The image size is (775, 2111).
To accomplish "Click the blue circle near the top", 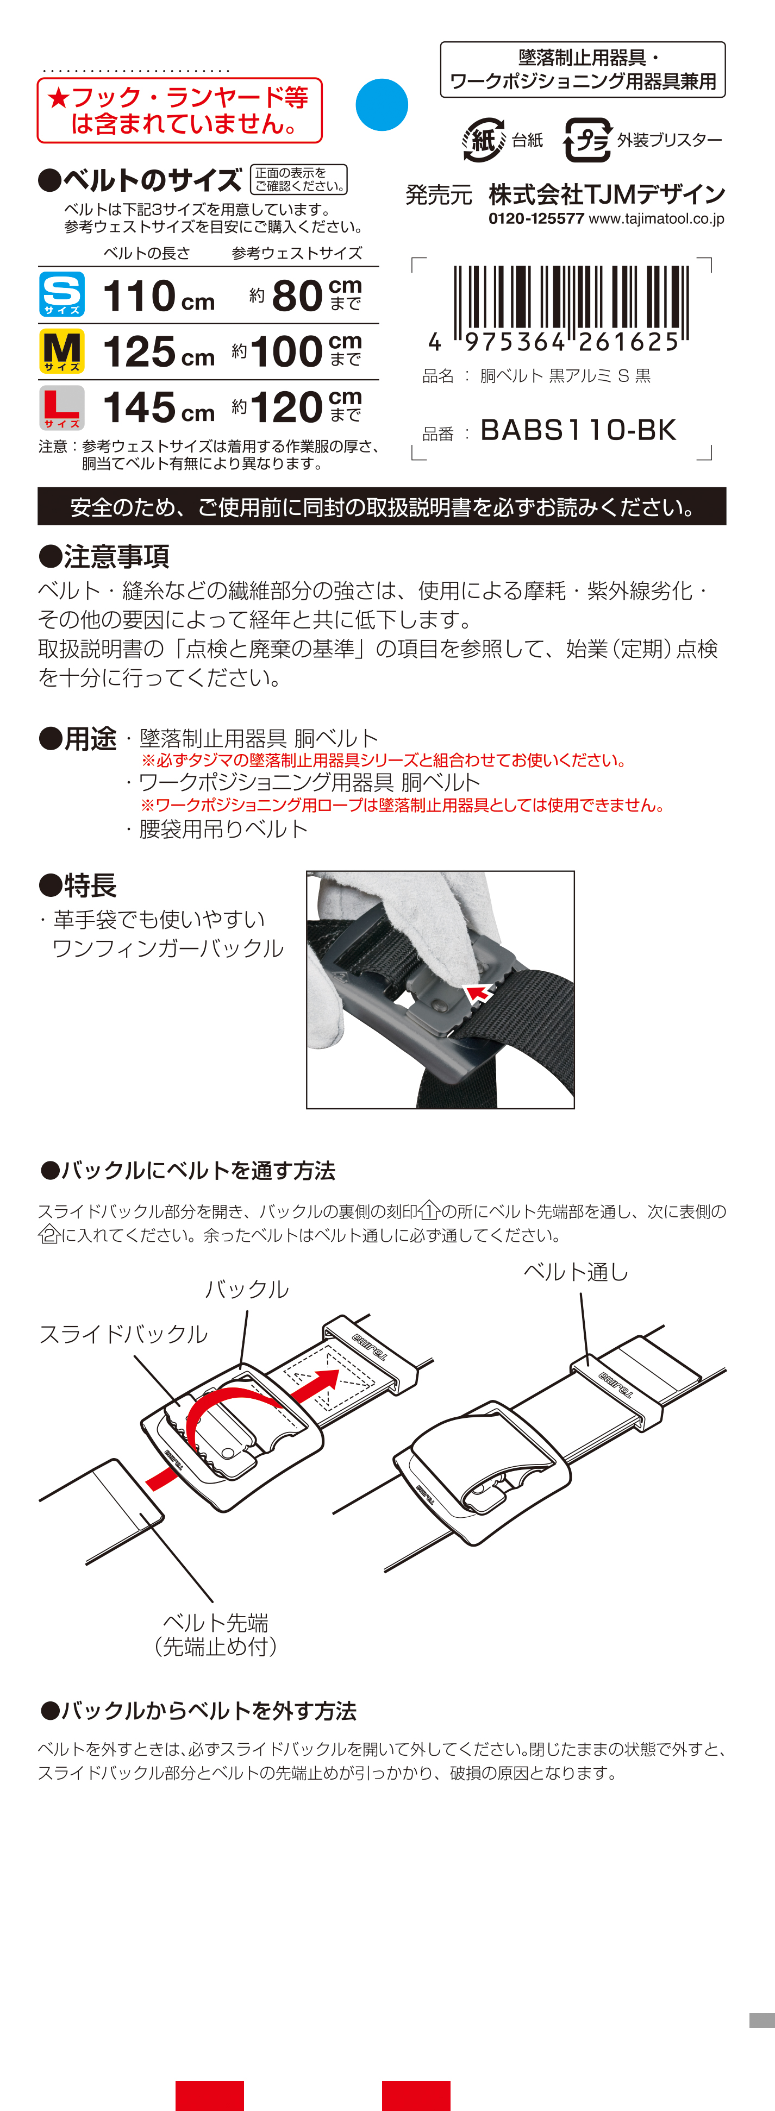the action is click(382, 105).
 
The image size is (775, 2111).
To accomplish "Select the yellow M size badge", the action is click(61, 351).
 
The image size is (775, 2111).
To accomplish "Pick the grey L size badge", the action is click(61, 407).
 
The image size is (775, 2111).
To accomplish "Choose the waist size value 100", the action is click(286, 351).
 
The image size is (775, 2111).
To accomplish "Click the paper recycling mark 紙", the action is click(483, 140).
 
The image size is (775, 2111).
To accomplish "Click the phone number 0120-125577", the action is click(536, 219).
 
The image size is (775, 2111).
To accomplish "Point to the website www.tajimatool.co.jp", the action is click(656, 219).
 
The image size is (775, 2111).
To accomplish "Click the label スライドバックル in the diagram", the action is click(123, 1334).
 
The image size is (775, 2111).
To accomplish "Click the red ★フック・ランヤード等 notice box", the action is click(179, 111).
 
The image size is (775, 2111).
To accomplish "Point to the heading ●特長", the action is click(77, 885).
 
